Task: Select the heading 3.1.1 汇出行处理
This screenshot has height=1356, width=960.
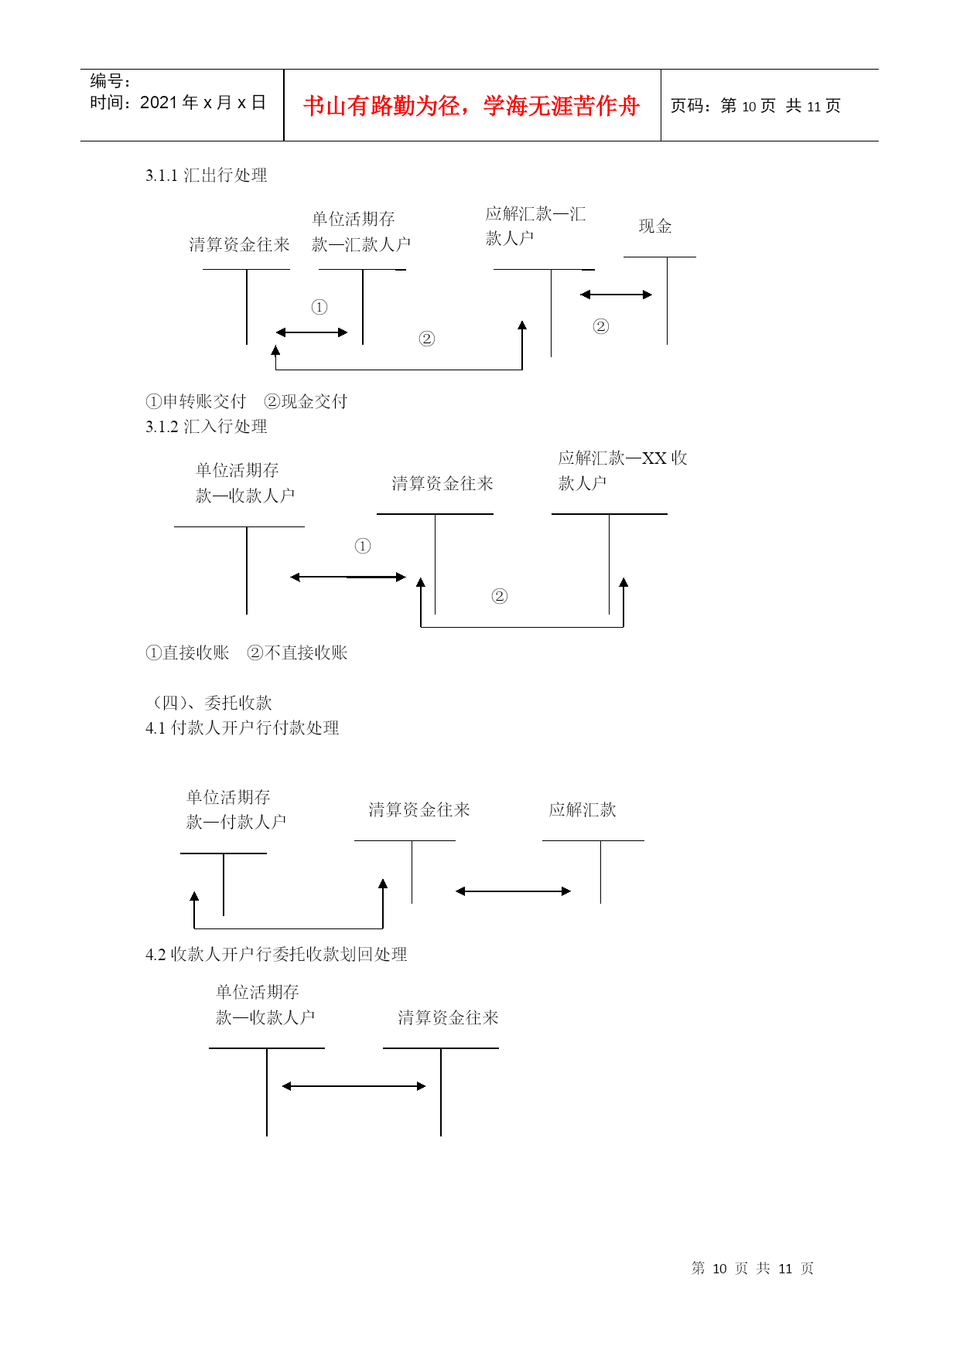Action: coord(206,175)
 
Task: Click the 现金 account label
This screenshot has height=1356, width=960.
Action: coord(654,227)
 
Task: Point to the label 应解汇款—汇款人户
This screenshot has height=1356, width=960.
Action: coord(535,226)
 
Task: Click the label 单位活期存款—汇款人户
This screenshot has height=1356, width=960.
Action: coord(360,231)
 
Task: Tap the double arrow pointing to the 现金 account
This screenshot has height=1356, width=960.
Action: coord(616,295)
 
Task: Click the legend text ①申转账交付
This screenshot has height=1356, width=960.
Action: coord(196,401)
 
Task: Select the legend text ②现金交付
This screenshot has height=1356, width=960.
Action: coord(306,401)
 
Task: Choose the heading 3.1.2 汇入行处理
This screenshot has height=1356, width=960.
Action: coord(206,427)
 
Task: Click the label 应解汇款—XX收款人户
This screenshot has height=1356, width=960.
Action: coord(622,470)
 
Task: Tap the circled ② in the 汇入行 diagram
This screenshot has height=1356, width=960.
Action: coord(500,596)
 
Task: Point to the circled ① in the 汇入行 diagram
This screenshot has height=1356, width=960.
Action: coord(363,547)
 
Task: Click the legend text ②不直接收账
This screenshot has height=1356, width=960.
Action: coord(297,652)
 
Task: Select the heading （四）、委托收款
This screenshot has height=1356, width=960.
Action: coord(209,703)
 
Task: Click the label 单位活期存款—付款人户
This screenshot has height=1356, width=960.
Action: coord(236,809)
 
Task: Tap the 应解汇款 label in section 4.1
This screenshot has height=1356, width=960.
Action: coord(582,809)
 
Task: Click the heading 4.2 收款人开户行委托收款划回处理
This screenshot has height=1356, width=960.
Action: coord(276,955)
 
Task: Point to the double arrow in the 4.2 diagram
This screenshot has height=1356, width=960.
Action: coord(354,1086)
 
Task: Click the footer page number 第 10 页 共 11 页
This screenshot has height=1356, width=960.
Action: coord(752,1269)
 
